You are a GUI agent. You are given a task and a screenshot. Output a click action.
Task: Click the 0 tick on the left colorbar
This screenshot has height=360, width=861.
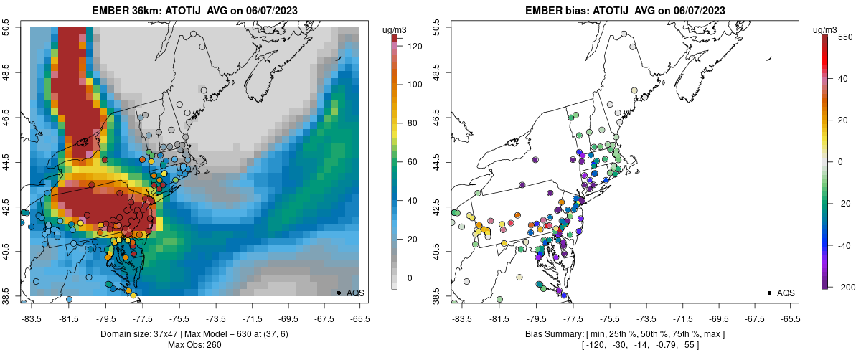pos(410,278)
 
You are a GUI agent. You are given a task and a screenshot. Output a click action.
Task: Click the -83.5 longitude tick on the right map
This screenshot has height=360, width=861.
pos(461,318)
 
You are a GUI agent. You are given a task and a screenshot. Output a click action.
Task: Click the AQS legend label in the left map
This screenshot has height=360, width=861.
pos(354,293)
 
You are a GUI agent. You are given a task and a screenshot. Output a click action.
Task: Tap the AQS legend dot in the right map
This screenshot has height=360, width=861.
pos(768,293)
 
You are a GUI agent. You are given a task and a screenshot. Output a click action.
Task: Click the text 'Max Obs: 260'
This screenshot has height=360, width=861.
pos(194,345)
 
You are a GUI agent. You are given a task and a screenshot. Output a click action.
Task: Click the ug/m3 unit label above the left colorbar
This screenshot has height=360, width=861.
pos(396,29)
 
